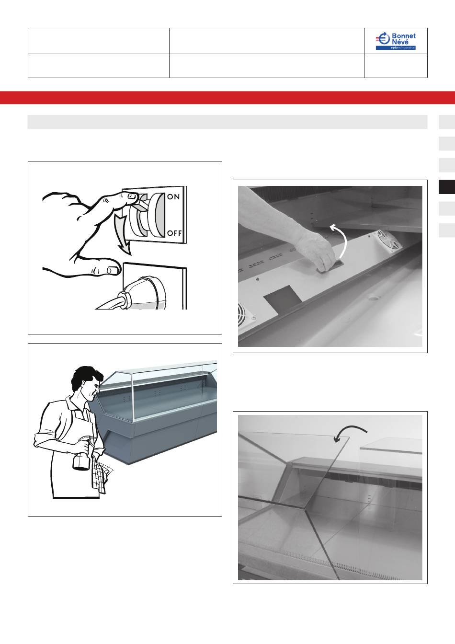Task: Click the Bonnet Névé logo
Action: point(396,41)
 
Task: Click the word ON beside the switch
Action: point(173,196)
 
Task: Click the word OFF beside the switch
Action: point(174,233)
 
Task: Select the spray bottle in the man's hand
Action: point(82,454)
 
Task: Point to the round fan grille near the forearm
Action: point(389,240)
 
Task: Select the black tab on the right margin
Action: point(447,187)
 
